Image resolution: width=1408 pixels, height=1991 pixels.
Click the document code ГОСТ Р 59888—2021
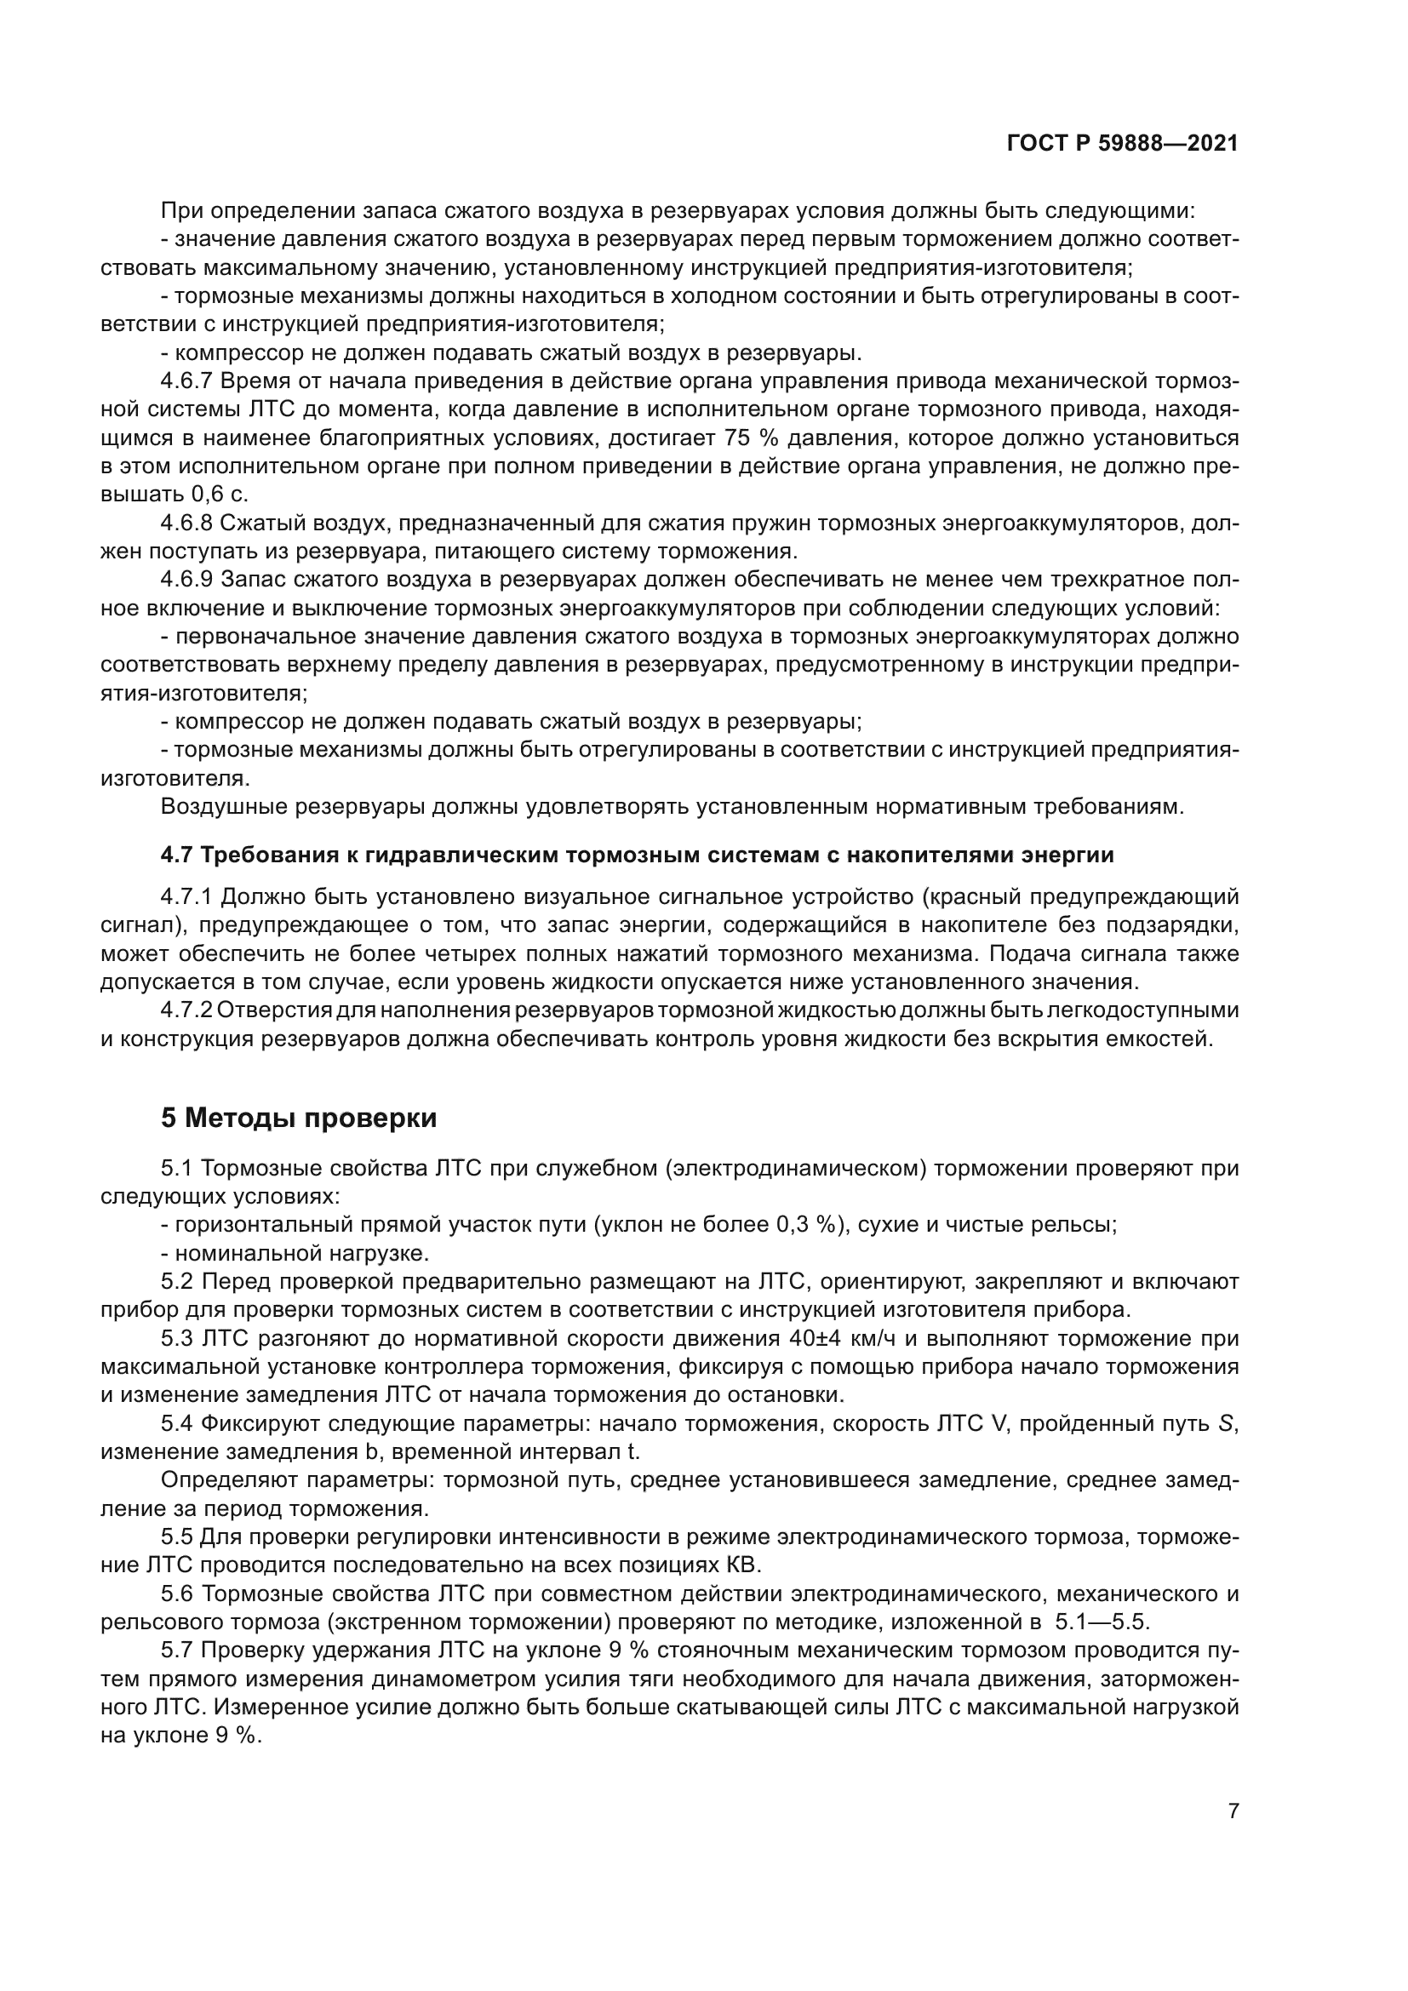1122,144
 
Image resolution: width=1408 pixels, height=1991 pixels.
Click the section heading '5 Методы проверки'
298,1119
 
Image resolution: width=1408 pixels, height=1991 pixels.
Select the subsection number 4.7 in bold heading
178,855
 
